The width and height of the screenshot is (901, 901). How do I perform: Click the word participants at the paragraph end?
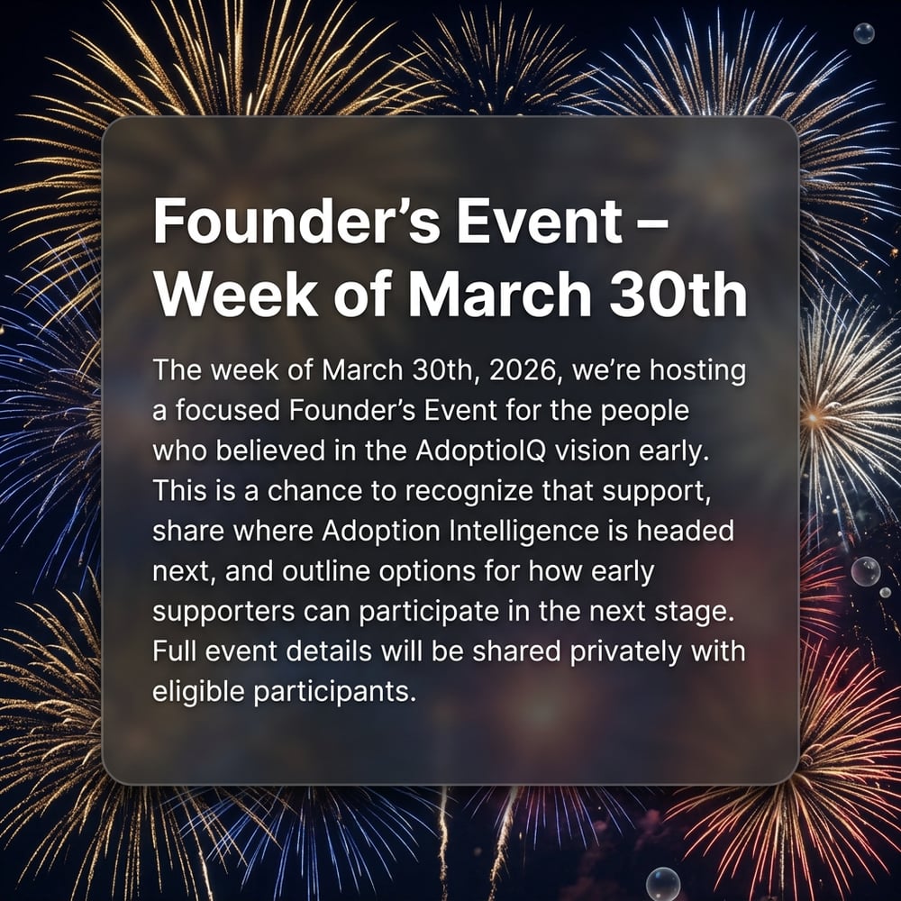334,692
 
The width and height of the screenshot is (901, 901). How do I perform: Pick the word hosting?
698,371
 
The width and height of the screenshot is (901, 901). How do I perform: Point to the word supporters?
223,613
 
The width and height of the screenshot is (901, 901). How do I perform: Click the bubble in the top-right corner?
864,33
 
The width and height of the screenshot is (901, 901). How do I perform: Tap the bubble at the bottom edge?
663,884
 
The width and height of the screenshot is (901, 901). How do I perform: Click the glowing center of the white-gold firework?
813,416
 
